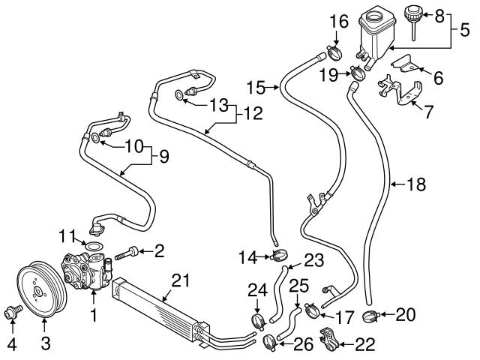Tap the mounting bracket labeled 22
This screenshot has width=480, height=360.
[x=328, y=340]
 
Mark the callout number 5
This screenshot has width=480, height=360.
[x=464, y=31]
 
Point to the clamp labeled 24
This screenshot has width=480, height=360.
[x=259, y=322]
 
